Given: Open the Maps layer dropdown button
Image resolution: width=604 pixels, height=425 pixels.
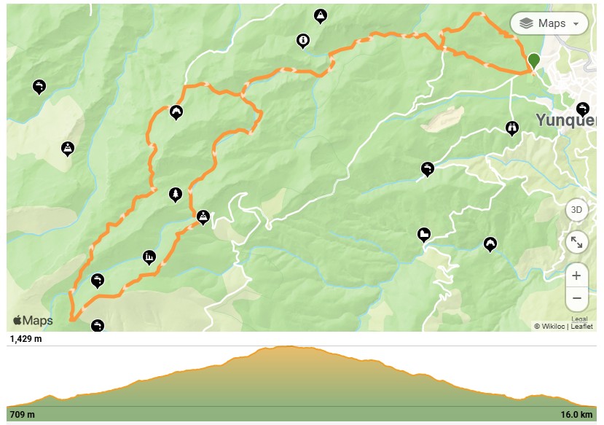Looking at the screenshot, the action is [x=549, y=23].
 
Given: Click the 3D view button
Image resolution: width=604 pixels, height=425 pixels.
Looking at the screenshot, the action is [x=576, y=210].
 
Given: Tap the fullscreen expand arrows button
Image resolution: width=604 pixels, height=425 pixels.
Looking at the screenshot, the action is [x=576, y=242].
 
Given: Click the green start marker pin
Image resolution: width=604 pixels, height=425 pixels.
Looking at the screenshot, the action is [x=533, y=61].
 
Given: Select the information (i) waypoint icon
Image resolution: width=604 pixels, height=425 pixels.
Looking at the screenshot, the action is [x=303, y=40].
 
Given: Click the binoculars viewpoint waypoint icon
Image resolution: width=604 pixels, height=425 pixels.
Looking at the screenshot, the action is [x=511, y=128].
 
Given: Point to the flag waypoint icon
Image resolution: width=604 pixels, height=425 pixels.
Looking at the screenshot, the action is [x=423, y=234].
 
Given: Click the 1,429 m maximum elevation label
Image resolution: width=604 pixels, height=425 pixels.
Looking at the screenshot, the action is [x=26, y=339].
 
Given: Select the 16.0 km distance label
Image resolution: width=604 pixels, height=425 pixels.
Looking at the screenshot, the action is [x=576, y=415].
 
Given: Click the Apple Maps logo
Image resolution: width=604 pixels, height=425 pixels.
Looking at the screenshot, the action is [x=33, y=320].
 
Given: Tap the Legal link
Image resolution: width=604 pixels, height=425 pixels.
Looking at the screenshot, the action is [x=579, y=319].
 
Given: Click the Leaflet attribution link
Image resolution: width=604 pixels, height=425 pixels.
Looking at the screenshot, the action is [x=581, y=327].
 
